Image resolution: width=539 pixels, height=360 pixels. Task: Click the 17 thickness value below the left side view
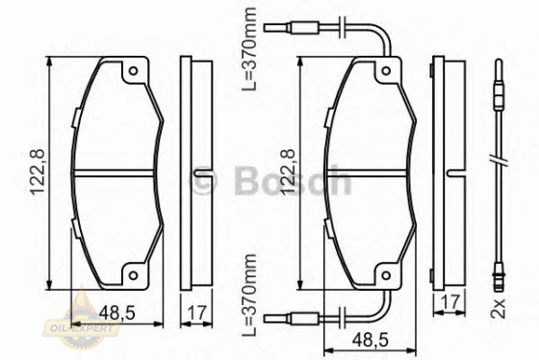[195, 312]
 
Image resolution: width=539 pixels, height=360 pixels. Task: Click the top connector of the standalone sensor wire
[498, 97]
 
